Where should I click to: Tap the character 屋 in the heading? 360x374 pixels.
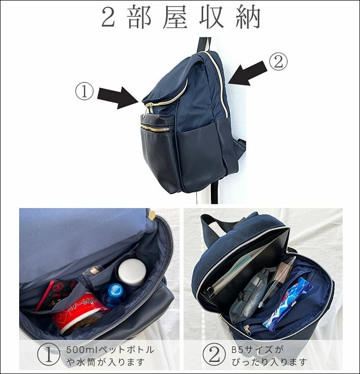[x=174, y=17]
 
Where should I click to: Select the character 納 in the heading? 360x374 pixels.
[x=248, y=17]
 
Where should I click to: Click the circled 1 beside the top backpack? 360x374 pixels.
[x=84, y=91]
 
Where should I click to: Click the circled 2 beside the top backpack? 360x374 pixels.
[x=279, y=62]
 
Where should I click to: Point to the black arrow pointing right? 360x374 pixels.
[x=118, y=98]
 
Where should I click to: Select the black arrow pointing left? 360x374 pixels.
[x=247, y=73]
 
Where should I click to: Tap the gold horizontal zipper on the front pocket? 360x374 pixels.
[x=156, y=128]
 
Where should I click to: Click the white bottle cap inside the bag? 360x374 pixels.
[x=132, y=272]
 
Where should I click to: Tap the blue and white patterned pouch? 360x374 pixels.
[x=287, y=304]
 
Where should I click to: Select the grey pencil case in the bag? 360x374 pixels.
[x=248, y=296]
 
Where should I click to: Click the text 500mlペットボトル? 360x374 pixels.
[x=110, y=350]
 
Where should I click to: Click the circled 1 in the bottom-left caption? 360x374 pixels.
[x=49, y=355]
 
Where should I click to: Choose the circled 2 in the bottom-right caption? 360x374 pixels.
[x=214, y=355]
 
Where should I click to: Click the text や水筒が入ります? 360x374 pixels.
[x=106, y=362]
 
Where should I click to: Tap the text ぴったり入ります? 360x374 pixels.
[x=269, y=362]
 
